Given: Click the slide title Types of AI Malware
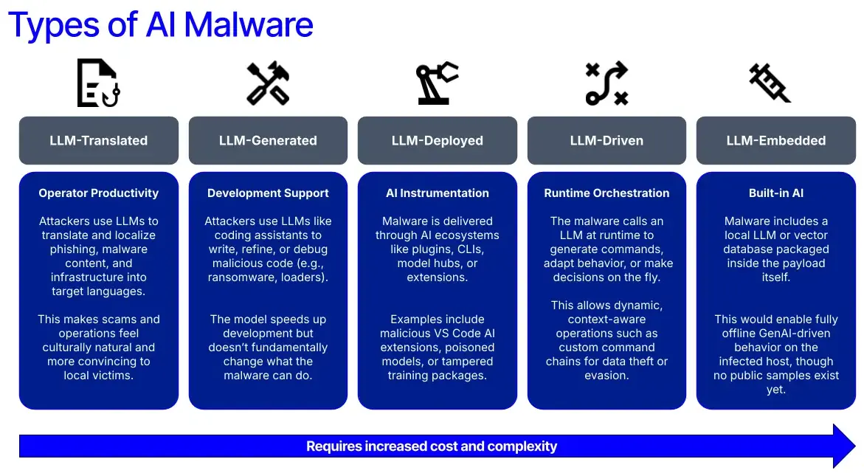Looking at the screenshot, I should [161, 24].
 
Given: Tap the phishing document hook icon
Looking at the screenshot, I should [98, 83].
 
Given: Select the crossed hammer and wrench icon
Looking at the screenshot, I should [268, 83].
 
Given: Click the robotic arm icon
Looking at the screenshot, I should [437, 83].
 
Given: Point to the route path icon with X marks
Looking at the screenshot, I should [606, 83].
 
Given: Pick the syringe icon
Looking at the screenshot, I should [770, 83].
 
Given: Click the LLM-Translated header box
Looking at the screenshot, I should [99, 140].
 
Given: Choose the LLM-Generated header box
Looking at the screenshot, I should [268, 140].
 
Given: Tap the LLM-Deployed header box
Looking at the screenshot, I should [438, 140].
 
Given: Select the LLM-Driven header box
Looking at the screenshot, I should [606, 140].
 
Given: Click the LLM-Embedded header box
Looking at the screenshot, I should [776, 140].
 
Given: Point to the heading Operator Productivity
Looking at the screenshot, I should [99, 193].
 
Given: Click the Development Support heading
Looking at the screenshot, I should [268, 193].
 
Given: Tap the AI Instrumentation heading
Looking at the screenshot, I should [438, 193].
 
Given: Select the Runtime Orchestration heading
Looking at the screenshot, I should [606, 193].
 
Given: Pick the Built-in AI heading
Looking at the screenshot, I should [776, 193].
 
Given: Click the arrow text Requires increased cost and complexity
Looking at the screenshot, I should [432, 446].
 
